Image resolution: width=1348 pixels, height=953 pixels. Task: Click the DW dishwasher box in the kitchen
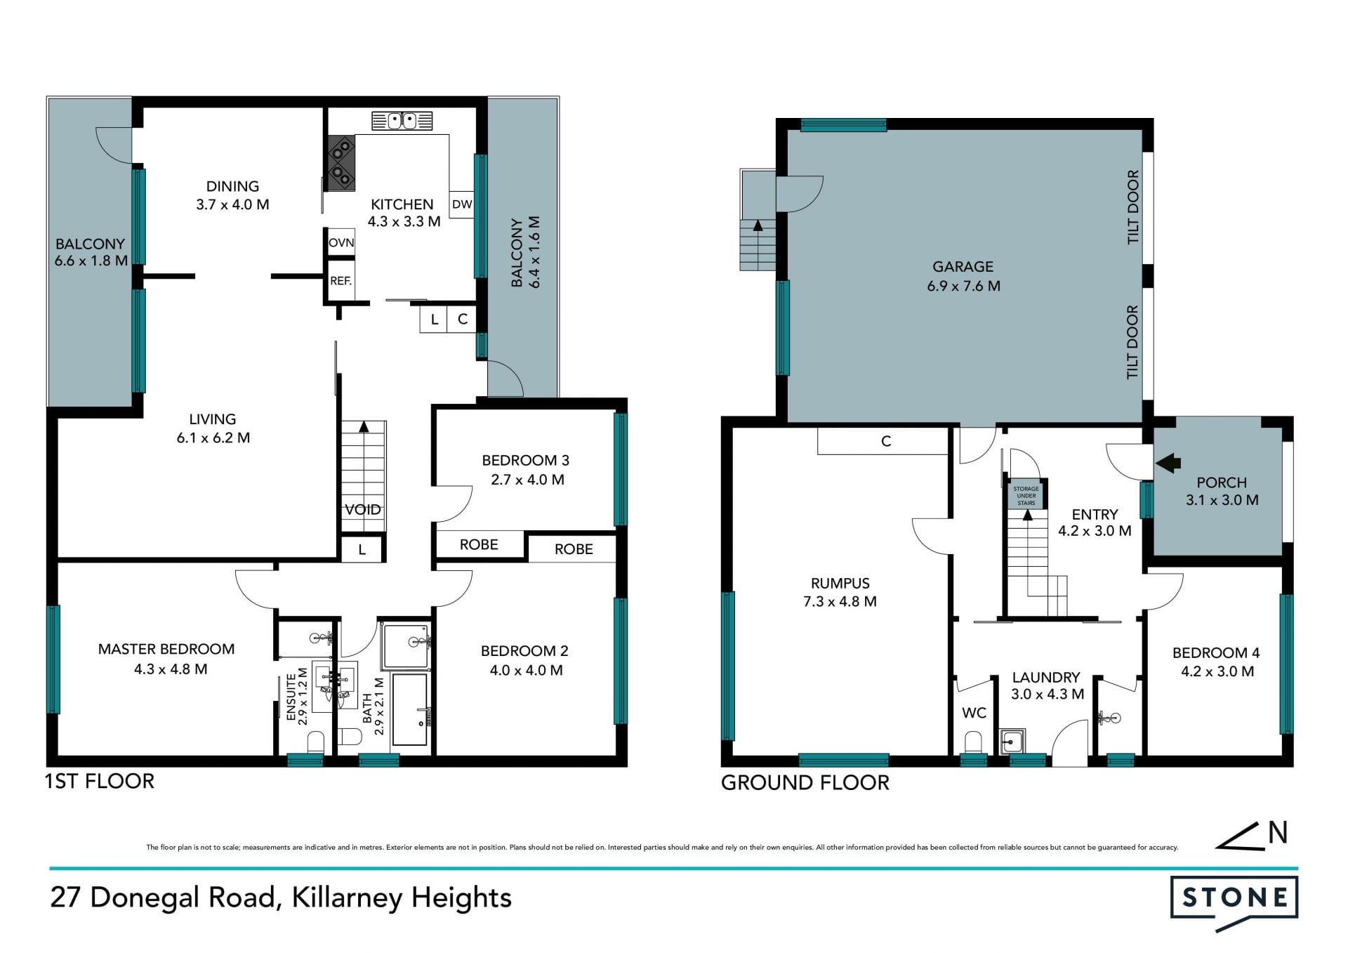(x=461, y=204)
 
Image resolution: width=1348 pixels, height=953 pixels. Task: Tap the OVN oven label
(x=341, y=242)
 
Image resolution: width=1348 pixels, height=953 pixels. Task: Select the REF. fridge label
(x=341, y=281)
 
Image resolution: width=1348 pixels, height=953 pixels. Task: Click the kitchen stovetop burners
(x=341, y=162)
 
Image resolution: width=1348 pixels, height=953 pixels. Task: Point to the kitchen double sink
(x=402, y=121)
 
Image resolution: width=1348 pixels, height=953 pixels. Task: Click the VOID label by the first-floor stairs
(x=363, y=509)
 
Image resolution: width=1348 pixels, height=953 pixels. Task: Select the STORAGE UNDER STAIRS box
(x=1026, y=495)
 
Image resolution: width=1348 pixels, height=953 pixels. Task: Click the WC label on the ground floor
(x=974, y=713)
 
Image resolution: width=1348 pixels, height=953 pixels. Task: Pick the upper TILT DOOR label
(x=1132, y=207)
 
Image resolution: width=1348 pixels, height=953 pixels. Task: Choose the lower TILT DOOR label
(x=1132, y=342)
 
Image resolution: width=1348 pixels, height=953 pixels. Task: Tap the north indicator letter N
(x=1278, y=832)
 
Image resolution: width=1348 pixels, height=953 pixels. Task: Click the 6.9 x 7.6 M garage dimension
(x=963, y=286)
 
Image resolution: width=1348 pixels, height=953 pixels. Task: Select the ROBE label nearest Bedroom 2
(x=574, y=549)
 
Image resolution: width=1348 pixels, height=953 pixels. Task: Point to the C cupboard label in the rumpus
(x=886, y=441)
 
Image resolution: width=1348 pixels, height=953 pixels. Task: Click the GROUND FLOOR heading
(x=805, y=782)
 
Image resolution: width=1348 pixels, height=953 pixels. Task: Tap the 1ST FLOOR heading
(x=99, y=781)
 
